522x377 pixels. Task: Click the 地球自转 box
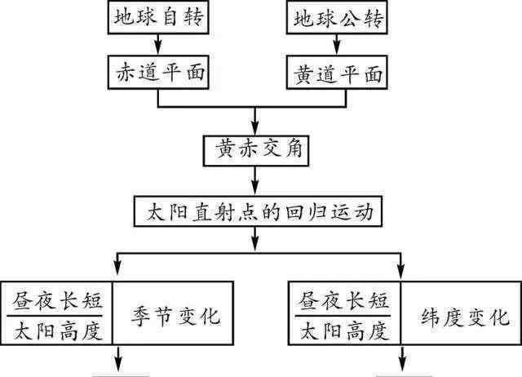coord(156,18)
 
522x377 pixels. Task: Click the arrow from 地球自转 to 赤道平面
coord(155,46)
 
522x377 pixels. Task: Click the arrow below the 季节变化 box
coord(118,359)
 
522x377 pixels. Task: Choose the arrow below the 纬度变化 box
coord(400,359)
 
